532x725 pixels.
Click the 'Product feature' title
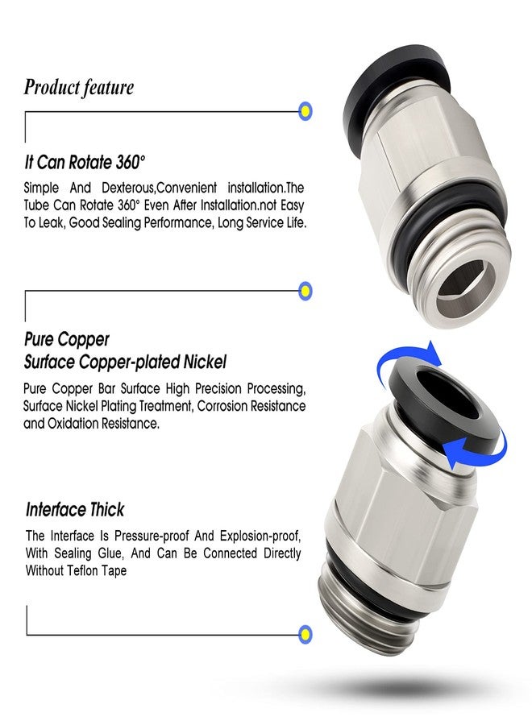click(x=79, y=87)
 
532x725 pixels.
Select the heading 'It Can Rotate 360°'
click(x=85, y=163)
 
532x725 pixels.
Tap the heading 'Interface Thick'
click(x=75, y=510)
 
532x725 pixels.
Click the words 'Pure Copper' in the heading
click(x=67, y=340)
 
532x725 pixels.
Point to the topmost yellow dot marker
click(x=305, y=111)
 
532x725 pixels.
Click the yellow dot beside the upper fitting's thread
click(x=305, y=291)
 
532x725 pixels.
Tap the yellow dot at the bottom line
click(x=305, y=634)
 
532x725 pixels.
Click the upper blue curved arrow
click(x=402, y=358)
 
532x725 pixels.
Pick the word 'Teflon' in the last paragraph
click(x=83, y=571)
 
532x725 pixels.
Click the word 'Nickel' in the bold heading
click(x=205, y=362)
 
